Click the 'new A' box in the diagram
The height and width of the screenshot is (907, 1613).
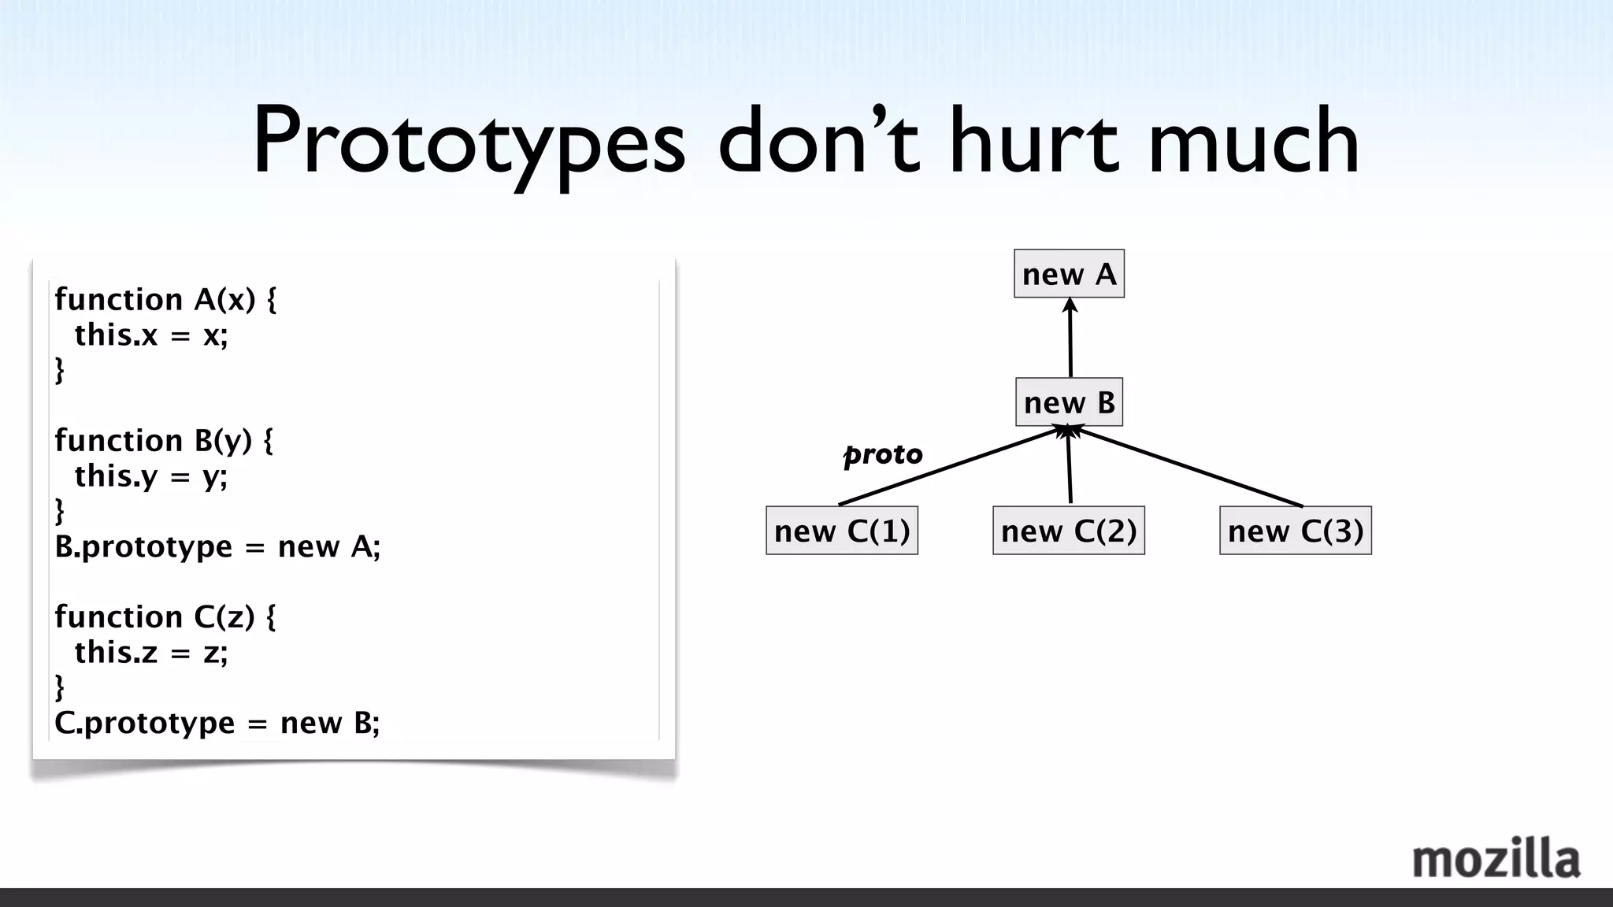point(1069,274)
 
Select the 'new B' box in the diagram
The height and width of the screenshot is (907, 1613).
point(1069,402)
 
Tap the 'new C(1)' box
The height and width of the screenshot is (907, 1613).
point(842,531)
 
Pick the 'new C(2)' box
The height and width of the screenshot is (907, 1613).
point(1069,531)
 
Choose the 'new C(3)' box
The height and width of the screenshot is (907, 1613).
point(1296,531)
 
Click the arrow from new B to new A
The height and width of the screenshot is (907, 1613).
point(1070,339)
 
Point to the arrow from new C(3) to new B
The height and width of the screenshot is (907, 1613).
point(1189,467)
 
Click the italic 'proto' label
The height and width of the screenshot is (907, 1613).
point(883,454)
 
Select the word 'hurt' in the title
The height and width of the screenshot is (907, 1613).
point(1033,142)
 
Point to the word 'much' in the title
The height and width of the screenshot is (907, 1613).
point(1254,142)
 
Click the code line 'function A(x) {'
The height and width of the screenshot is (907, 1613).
point(165,299)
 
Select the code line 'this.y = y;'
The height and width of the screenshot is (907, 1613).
point(150,476)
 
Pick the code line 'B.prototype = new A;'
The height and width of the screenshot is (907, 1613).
point(217,546)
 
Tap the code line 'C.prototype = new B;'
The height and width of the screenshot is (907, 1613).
point(217,723)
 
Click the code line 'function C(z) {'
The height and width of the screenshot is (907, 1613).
point(165,616)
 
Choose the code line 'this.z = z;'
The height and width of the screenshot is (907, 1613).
point(150,652)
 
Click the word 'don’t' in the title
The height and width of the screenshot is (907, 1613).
point(819,142)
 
